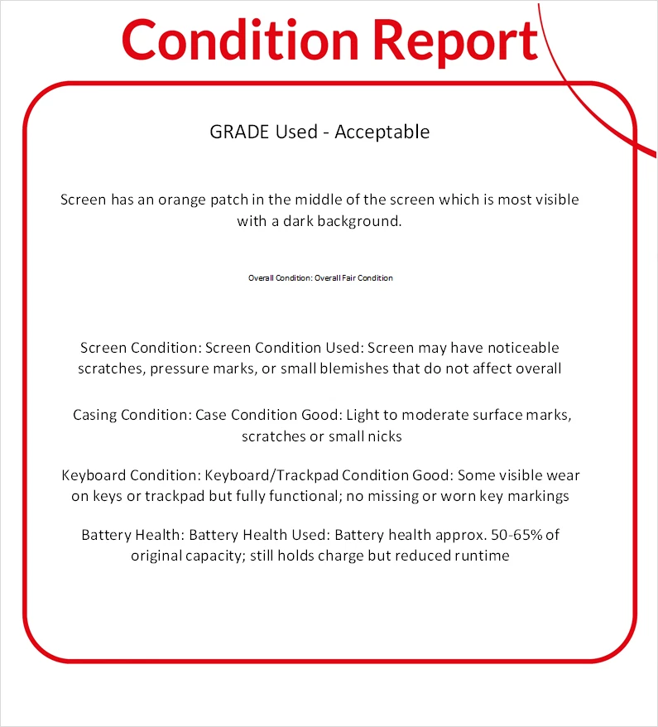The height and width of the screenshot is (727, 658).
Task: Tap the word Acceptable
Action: (382, 132)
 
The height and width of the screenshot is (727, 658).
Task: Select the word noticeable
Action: (518, 348)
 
